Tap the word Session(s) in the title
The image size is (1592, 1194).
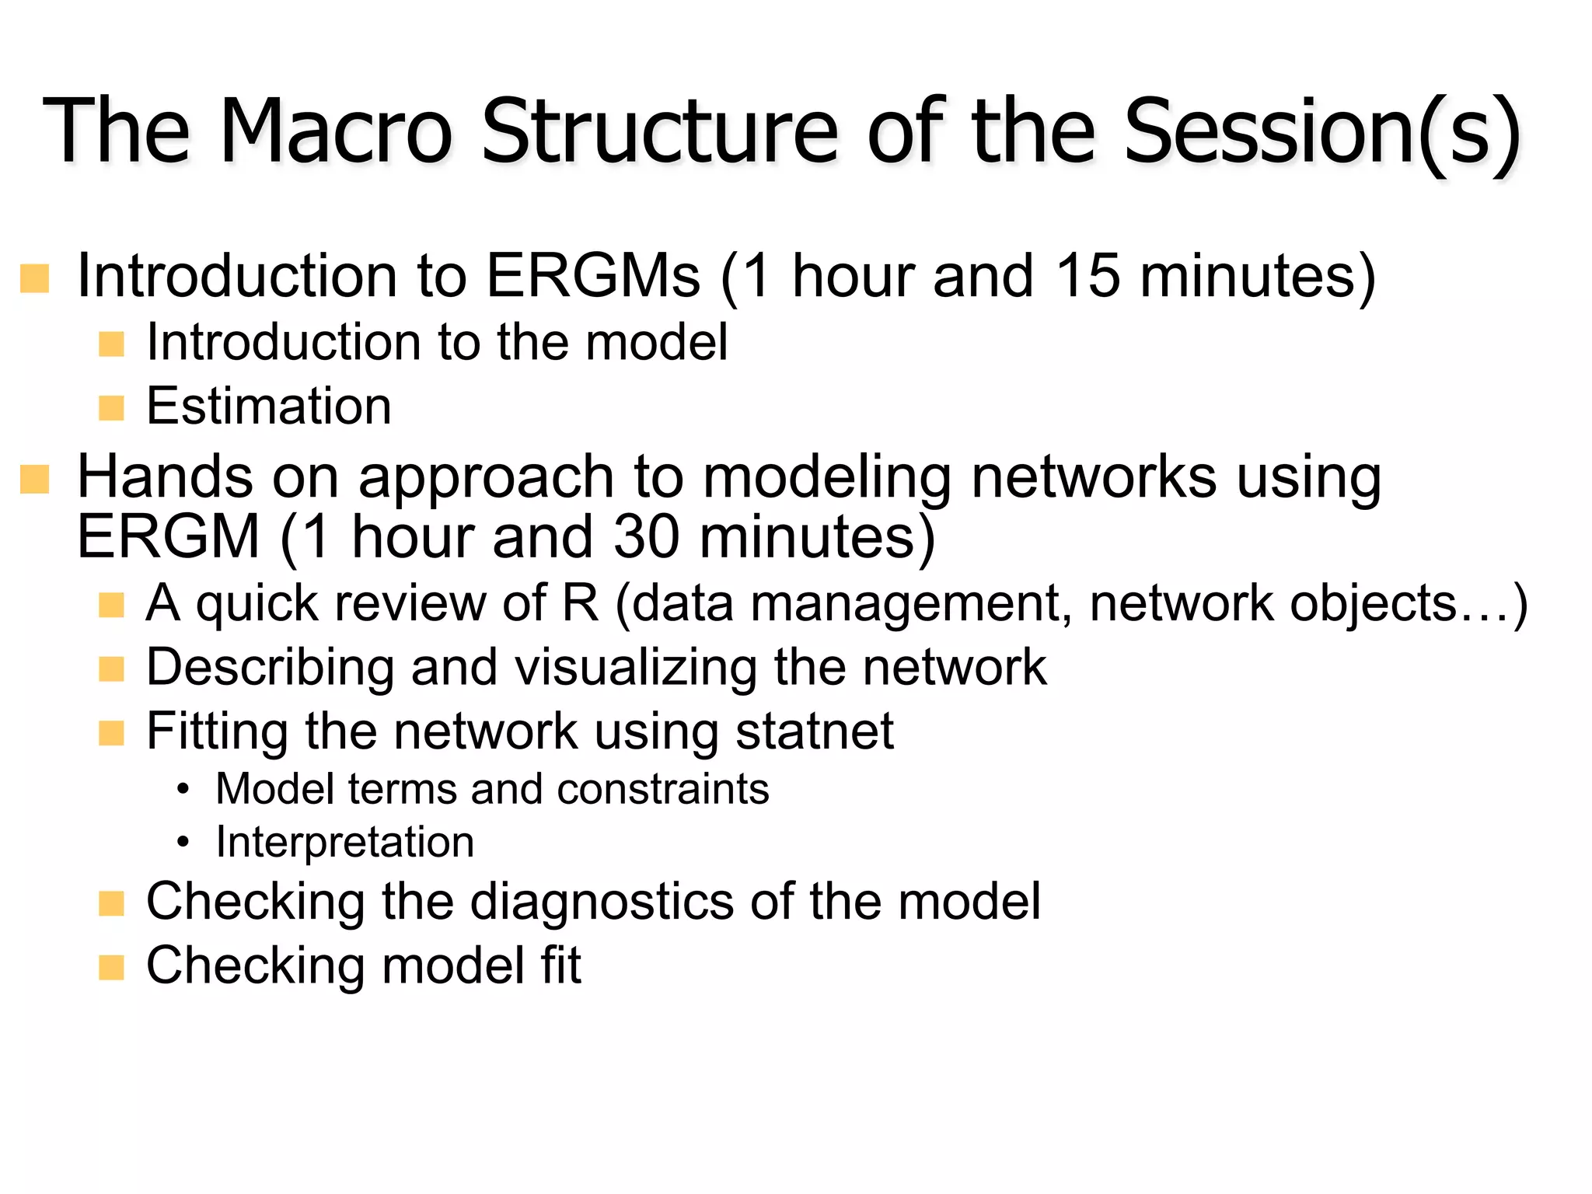(x=1321, y=132)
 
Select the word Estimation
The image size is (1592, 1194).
(x=269, y=407)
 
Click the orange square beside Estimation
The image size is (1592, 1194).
(x=112, y=407)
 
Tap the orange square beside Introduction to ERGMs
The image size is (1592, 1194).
(x=35, y=278)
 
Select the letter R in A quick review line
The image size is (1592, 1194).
(x=580, y=603)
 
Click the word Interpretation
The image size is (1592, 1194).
(x=345, y=842)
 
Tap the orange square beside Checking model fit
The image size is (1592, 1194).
(x=112, y=968)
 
